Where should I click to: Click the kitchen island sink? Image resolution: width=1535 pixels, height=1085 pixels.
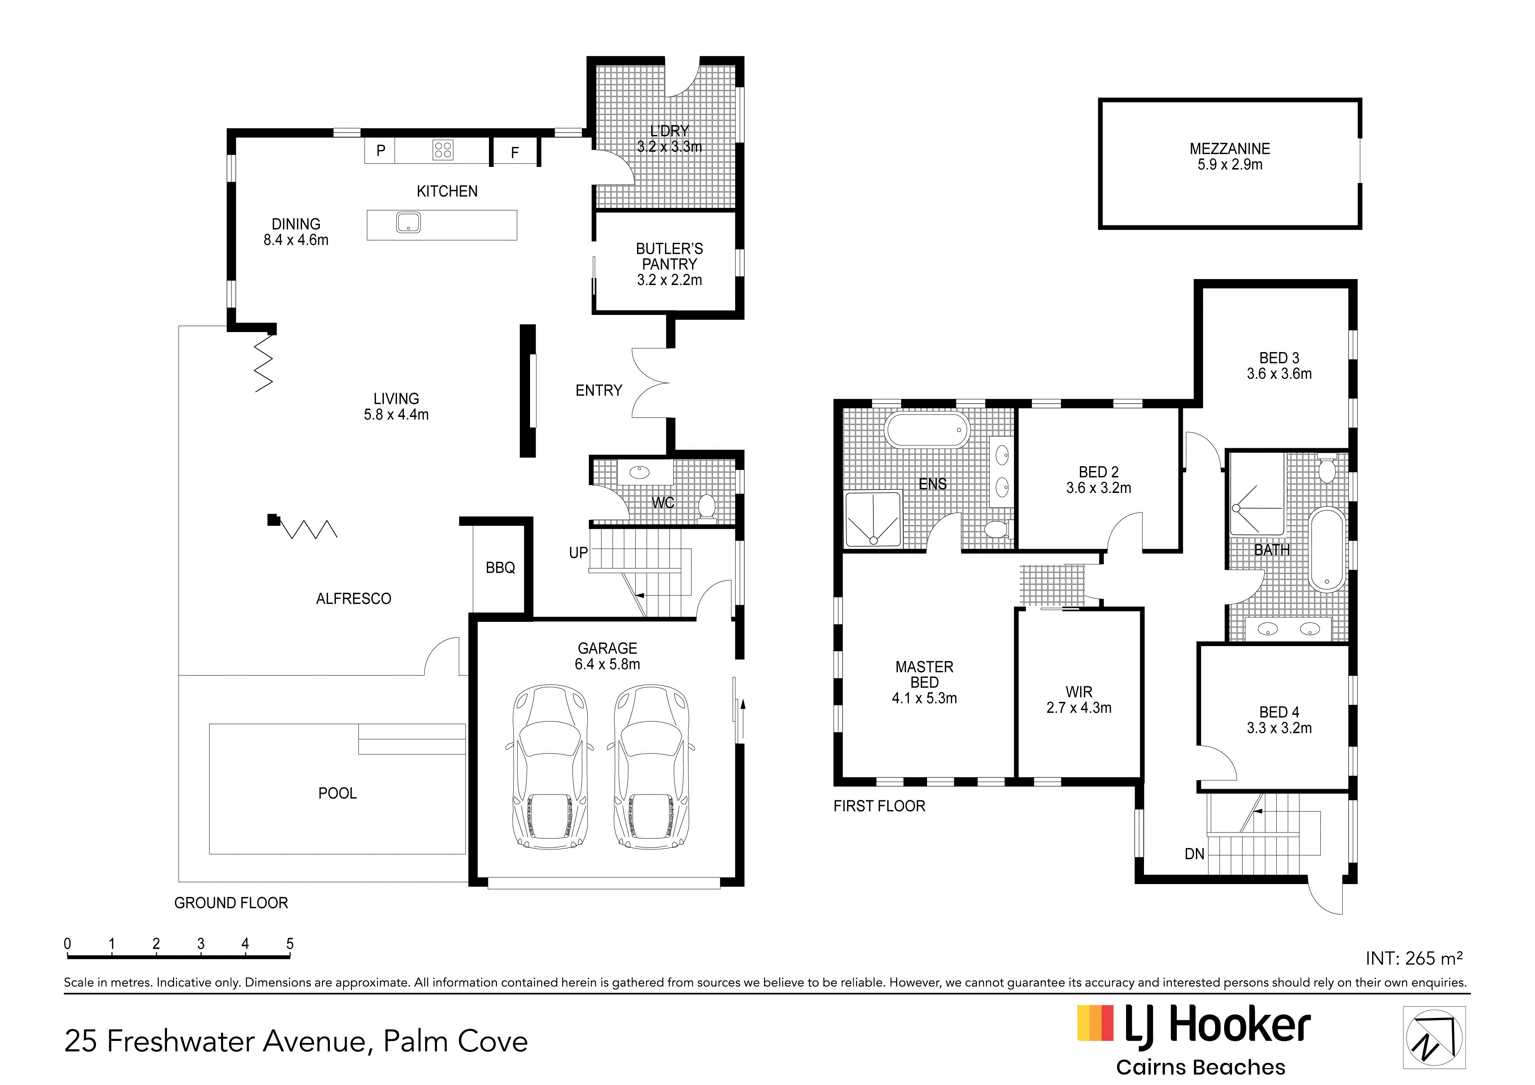coord(409,222)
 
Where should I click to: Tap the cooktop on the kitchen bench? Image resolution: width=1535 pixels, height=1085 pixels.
coord(442,150)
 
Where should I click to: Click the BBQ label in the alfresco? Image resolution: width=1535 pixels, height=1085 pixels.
coord(500,568)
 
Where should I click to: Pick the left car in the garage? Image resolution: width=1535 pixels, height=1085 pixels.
coord(550,766)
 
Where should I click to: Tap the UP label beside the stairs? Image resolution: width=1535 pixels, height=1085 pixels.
coord(578,553)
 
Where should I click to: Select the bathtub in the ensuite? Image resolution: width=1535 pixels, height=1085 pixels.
coord(927,430)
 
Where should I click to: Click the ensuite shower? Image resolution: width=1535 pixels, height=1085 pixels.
coord(873,519)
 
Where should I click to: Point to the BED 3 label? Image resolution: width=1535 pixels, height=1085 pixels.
coord(1279,358)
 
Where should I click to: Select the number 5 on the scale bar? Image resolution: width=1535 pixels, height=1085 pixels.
coord(290,944)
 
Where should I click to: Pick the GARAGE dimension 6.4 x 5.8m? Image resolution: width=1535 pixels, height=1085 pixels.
coord(607,664)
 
